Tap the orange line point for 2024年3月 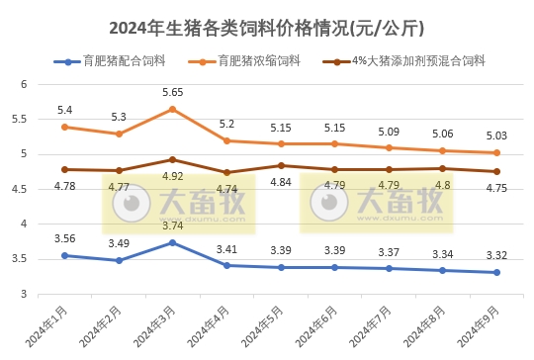pos(173,109)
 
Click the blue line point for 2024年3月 pos(173,242)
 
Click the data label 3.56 pos(65,237)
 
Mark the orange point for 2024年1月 pos(65,127)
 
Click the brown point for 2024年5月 pos(281,165)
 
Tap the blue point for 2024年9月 pos(497,272)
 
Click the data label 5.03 pos(496,135)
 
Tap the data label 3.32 pos(496,255)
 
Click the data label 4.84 pos(281,182)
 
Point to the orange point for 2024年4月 pos(227,140)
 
